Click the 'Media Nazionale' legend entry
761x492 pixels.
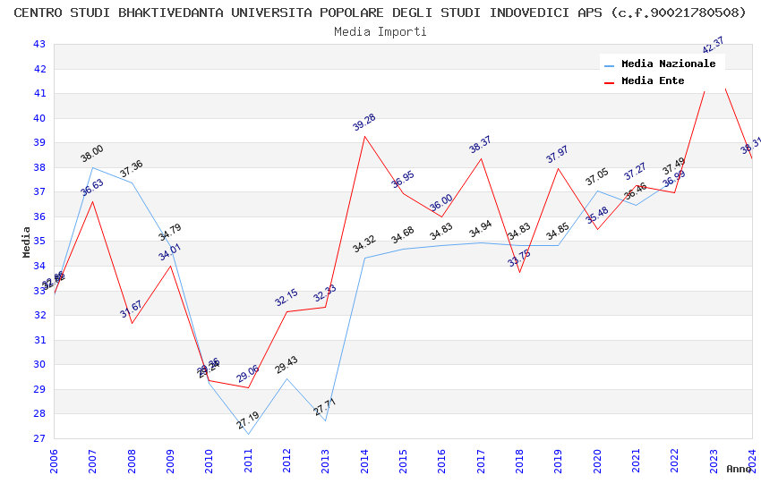coord(668,64)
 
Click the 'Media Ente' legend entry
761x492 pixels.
coord(652,81)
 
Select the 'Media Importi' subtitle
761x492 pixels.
coord(380,31)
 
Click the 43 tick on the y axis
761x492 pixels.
coord(38,44)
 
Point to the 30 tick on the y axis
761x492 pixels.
coord(38,364)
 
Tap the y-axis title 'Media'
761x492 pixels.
coord(27,242)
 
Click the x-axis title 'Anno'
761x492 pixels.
coord(739,469)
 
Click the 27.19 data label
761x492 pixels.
coord(248,420)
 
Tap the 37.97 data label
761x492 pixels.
coord(558,155)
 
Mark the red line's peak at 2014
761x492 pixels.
coord(364,136)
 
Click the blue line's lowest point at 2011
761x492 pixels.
coord(248,434)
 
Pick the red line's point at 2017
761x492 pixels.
coord(481,158)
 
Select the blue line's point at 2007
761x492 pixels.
coord(93,167)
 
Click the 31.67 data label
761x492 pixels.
coord(132,310)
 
